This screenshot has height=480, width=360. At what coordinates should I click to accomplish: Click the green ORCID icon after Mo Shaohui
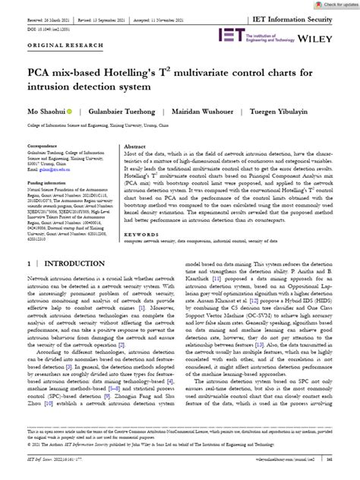tap(70, 132)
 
